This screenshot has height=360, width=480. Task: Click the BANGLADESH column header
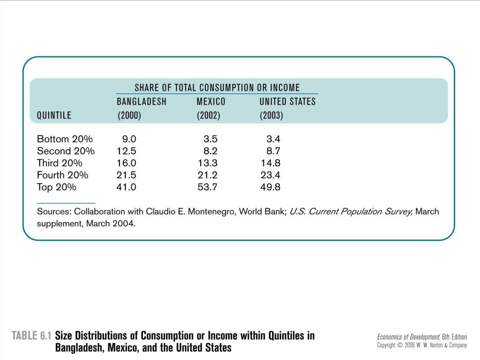pyautogui.click(x=142, y=101)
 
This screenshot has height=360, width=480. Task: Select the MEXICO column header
pyautogui.click(x=211, y=101)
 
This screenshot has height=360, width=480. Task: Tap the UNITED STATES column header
pyautogui.click(x=287, y=101)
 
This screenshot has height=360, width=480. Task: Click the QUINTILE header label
pyautogui.click(x=54, y=115)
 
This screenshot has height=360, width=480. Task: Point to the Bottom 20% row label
pyautogui.click(x=65, y=139)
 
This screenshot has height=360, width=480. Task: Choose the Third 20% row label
pyautogui.click(x=60, y=163)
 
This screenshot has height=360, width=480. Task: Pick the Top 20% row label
pyautogui.click(x=56, y=187)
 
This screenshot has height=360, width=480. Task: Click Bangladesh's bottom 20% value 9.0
pyautogui.click(x=129, y=139)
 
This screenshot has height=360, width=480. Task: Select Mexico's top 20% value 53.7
pyautogui.click(x=207, y=187)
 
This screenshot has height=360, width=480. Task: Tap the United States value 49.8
pyautogui.click(x=270, y=187)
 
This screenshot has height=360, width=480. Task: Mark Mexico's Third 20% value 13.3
pyautogui.click(x=208, y=163)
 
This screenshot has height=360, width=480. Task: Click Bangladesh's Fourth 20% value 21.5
pyautogui.click(x=126, y=175)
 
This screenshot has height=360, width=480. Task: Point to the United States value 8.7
pyautogui.click(x=273, y=151)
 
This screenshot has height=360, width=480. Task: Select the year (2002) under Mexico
pyautogui.click(x=209, y=115)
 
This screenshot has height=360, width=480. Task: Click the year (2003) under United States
pyautogui.click(x=271, y=115)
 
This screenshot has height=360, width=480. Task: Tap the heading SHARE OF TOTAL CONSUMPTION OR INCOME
pyautogui.click(x=217, y=88)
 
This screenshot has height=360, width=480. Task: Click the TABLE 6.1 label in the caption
pyautogui.click(x=31, y=336)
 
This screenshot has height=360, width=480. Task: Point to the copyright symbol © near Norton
pyautogui.click(x=400, y=345)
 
